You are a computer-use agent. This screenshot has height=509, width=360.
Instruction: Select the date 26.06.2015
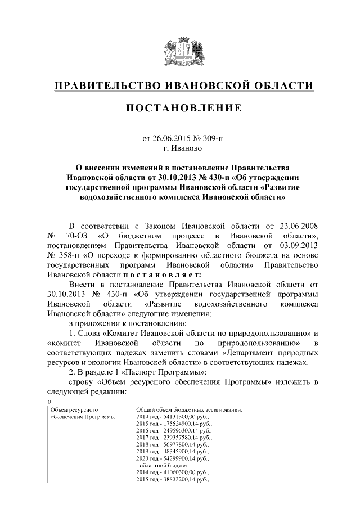(173, 138)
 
